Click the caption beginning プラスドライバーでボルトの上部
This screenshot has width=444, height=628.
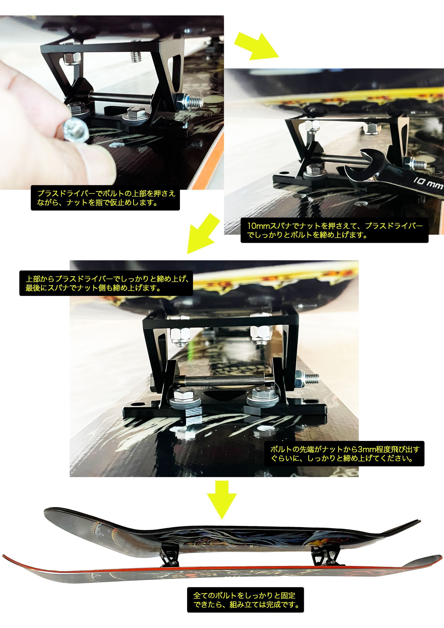click(x=105, y=198)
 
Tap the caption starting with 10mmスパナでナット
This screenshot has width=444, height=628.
click(x=334, y=230)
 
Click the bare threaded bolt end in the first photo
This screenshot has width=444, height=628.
click(x=136, y=57)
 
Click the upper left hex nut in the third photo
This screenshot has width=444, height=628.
click(x=181, y=336)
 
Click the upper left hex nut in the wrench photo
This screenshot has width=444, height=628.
click(x=312, y=126)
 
